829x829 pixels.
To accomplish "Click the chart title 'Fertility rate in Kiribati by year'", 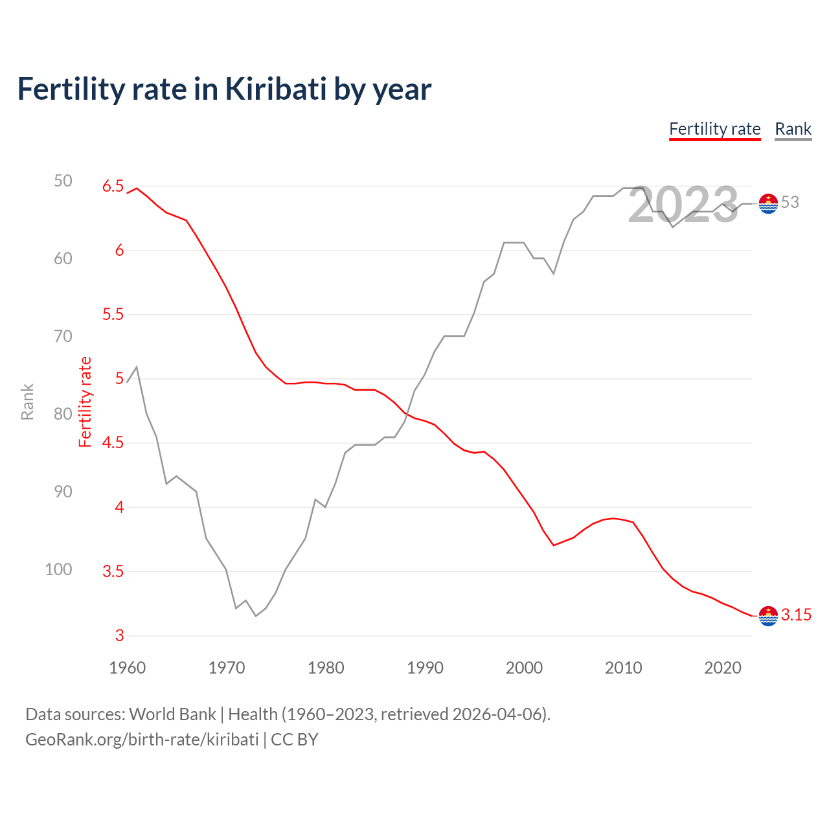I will click(224, 89).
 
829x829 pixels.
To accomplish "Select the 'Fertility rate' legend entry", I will click(714, 129).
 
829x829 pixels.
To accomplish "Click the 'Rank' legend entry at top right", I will click(793, 129).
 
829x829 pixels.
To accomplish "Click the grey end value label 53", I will click(789, 203).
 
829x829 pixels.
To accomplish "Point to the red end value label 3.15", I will click(796, 615).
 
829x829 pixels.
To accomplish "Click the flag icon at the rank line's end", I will click(768, 203).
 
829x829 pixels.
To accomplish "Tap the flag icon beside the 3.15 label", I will click(768, 616).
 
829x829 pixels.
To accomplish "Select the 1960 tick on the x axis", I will click(127, 668).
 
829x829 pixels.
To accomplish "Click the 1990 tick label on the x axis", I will click(425, 668).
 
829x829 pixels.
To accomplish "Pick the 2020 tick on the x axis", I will click(722, 668).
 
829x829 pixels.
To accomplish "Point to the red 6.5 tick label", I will click(113, 187).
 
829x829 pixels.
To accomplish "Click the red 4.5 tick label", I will click(113, 443).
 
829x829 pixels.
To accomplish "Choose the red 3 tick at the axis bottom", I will click(119, 635).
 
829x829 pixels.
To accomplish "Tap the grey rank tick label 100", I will click(58, 569).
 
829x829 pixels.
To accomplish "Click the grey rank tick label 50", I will click(63, 181).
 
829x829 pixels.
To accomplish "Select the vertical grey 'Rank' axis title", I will click(27, 402).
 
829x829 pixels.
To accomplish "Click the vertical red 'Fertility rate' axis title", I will click(85, 402).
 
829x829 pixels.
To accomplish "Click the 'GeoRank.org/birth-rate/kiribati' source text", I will click(142, 740).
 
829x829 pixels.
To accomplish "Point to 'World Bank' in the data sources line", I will click(172, 714).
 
